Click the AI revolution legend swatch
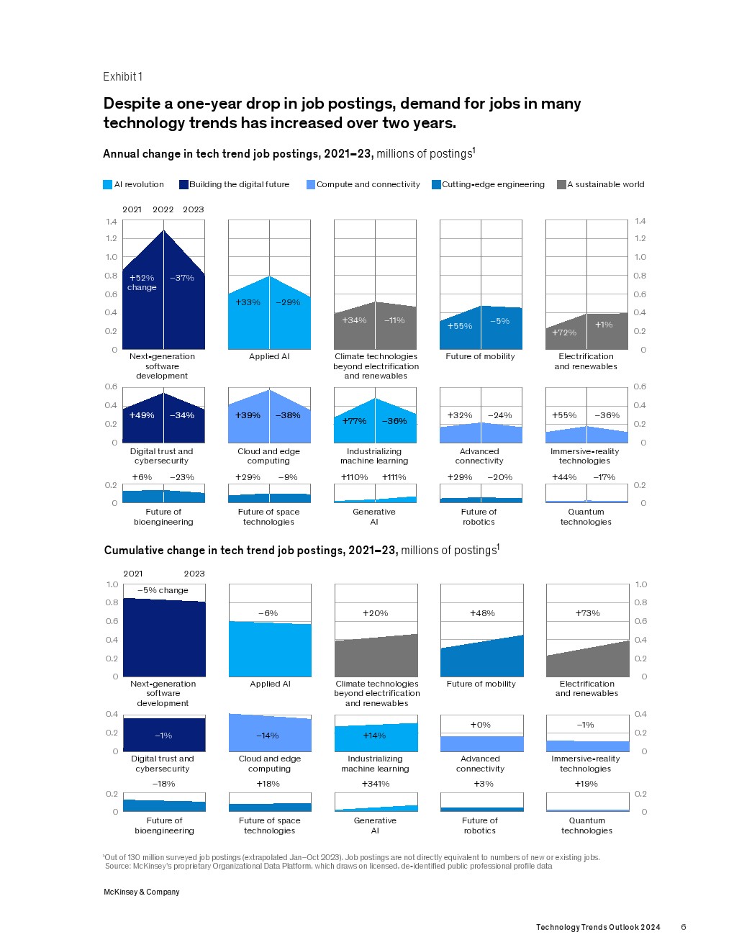[108, 185]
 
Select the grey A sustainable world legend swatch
[561, 185]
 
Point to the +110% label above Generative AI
[354, 477]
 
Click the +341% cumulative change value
[376, 784]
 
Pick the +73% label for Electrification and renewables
[587, 613]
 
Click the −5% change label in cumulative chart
[163, 590]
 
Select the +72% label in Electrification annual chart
[564, 332]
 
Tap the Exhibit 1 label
[122, 77]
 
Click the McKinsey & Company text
[142, 892]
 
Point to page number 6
[683, 927]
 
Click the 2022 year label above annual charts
[163, 209]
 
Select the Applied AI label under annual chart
[269, 356]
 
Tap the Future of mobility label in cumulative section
[481, 684]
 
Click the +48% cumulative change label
[482, 613]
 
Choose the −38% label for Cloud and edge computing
[288, 415]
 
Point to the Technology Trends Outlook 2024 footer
[598, 927]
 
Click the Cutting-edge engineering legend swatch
[436, 185]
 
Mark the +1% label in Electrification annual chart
[604, 325]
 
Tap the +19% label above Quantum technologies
[586, 784]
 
